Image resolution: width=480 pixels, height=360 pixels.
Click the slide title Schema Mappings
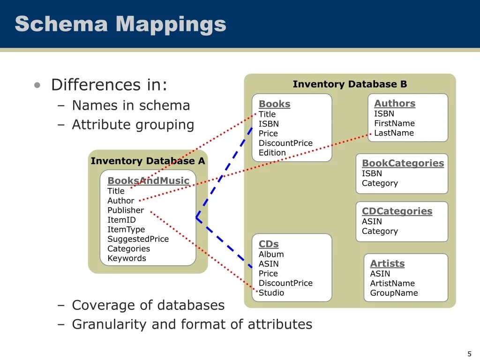(120, 24)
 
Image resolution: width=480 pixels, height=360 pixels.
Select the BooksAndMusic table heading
(148, 181)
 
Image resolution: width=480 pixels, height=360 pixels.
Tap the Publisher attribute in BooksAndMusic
(126, 210)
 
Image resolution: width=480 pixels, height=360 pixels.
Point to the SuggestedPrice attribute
(138, 239)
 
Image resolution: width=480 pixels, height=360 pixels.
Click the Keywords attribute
(127, 258)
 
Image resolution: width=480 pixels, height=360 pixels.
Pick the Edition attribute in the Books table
(272, 153)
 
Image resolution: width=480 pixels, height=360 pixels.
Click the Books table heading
(274, 104)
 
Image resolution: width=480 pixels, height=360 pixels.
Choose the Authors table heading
(395, 104)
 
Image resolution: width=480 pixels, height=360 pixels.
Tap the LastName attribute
(394, 133)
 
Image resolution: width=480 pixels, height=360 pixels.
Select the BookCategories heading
(403, 163)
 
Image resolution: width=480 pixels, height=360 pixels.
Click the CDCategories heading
(397, 211)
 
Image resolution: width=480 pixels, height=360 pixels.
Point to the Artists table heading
(387, 263)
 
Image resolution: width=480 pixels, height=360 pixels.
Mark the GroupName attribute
(394, 293)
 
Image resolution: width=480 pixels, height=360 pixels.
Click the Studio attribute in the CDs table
(271, 293)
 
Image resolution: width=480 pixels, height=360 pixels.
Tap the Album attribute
(271, 255)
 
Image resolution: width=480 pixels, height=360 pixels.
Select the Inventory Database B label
(350, 84)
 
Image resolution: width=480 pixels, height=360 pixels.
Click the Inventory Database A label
(148, 161)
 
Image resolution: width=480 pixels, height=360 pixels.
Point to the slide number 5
(469, 354)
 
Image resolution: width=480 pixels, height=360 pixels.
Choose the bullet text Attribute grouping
(133, 125)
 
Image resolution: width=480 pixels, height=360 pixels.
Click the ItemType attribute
(126, 230)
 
